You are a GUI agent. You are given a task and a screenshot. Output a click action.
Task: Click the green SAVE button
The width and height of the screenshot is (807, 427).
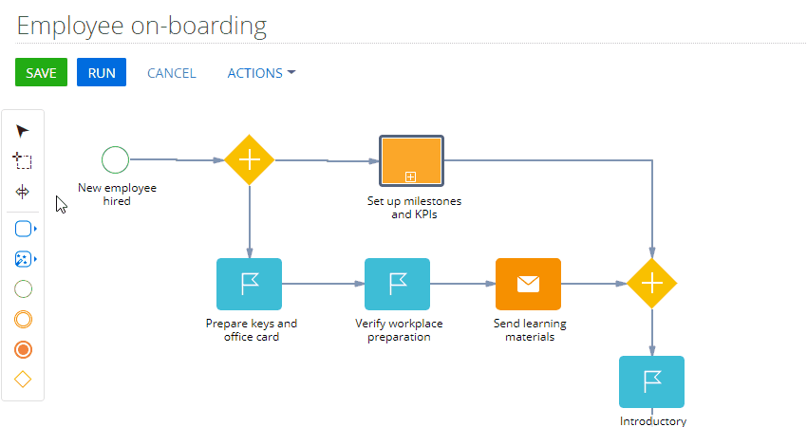41,72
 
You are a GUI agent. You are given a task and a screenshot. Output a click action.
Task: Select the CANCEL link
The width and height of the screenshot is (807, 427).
172,73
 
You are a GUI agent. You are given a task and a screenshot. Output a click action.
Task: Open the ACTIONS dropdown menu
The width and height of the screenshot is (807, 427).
261,73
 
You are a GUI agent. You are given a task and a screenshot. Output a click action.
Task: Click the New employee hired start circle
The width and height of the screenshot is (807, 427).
115,159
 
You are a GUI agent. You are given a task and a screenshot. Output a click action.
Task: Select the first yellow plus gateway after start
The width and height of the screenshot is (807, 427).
250,160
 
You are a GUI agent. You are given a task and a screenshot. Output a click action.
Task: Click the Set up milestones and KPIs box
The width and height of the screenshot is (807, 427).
411,160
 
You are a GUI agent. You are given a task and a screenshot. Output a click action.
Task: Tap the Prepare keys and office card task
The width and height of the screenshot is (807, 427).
249,284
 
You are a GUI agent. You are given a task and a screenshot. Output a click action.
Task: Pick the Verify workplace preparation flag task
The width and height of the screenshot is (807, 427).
397,284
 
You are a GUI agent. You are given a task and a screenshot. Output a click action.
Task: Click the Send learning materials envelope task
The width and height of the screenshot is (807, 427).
528,284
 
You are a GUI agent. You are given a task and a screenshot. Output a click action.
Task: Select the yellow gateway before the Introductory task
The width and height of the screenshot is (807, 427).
652,284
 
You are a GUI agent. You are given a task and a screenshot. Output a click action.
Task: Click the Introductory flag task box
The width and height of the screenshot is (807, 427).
651,381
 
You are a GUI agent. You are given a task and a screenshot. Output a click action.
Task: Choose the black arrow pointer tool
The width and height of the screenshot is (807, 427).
22,131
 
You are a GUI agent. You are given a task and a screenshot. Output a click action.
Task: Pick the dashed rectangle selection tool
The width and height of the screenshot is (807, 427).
22,161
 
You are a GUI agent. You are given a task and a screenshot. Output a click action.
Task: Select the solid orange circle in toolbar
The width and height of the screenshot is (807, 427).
23,350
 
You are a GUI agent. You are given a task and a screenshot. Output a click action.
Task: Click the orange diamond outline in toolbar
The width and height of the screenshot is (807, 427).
23,380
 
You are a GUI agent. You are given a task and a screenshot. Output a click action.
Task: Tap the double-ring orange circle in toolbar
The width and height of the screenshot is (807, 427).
23,320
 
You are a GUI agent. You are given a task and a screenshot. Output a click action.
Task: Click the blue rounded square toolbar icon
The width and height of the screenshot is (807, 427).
23,229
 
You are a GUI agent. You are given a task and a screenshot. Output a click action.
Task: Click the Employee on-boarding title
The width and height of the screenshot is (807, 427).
141,26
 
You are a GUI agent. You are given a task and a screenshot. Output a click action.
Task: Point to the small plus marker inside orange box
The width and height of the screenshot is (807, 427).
410,177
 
